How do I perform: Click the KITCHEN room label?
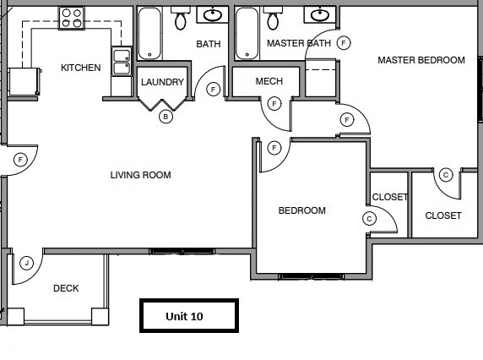(81, 68)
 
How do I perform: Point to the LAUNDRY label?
(162, 82)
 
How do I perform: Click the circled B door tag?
(166, 117)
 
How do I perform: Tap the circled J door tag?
(27, 263)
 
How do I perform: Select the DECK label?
(66, 288)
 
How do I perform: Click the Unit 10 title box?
(189, 315)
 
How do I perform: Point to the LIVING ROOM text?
(140, 176)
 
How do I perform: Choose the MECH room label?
(269, 81)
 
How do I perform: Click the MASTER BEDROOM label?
(421, 60)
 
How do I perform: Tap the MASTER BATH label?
(298, 43)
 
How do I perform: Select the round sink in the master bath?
(320, 14)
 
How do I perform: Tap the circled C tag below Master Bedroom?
(445, 175)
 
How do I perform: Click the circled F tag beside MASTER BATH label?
(343, 42)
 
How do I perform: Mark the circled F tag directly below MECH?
(274, 104)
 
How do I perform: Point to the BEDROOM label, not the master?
(301, 210)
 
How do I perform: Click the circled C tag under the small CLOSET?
(368, 218)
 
